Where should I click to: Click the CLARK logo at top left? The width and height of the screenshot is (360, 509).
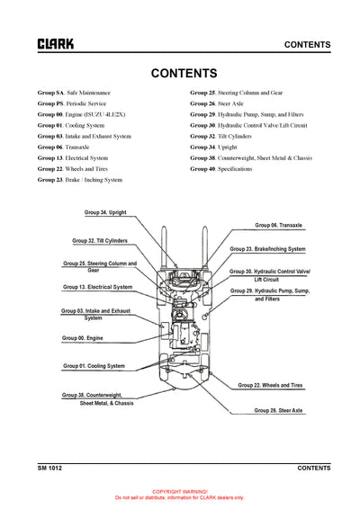(x=55, y=43)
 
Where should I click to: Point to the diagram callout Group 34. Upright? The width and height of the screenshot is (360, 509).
(x=105, y=212)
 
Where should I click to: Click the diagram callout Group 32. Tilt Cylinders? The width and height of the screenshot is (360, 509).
(x=100, y=241)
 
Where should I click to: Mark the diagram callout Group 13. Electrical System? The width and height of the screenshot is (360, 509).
(x=97, y=287)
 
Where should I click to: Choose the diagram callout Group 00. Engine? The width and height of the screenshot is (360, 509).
(x=82, y=338)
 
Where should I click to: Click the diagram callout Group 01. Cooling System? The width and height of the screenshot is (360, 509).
(x=94, y=366)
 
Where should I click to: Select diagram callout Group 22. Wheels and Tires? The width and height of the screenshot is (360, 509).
(x=271, y=385)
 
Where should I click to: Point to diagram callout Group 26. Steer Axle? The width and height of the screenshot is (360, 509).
(x=279, y=410)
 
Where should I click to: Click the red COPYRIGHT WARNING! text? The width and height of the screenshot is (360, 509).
(x=179, y=492)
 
